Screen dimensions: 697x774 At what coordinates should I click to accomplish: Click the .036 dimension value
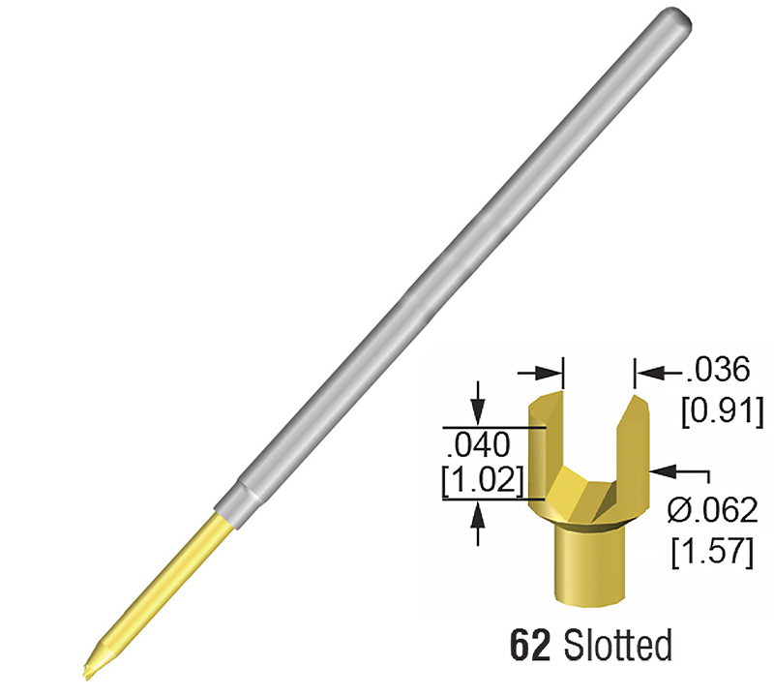[718, 370]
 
